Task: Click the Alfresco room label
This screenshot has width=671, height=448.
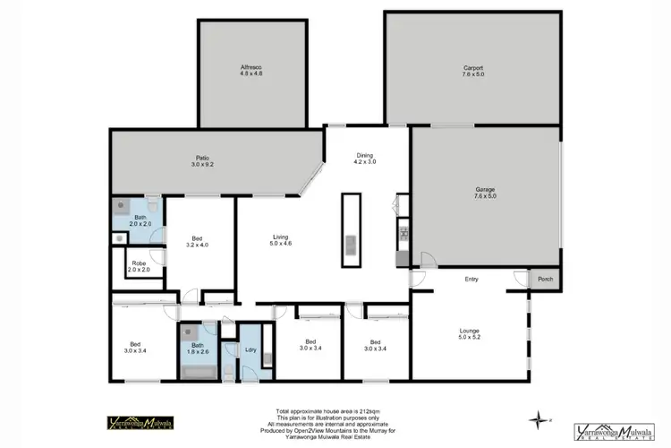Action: [x=251, y=71]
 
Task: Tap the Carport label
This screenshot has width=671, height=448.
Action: [x=473, y=71]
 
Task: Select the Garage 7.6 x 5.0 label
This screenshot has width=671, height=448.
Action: [x=486, y=193]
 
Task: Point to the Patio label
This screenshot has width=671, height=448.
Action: [x=203, y=161]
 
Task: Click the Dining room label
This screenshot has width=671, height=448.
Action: [x=365, y=158]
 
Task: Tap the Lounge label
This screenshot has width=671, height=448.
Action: [x=470, y=335]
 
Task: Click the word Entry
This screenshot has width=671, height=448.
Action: [x=471, y=280]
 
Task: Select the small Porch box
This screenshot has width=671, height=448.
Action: [x=545, y=280]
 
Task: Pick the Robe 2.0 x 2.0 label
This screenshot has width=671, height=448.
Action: [x=139, y=266]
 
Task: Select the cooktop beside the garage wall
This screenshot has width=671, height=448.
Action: [x=404, y=235]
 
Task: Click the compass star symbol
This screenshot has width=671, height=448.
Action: [x=537, y=418]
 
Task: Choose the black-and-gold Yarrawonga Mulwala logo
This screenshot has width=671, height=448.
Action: [x=140, y=424]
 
